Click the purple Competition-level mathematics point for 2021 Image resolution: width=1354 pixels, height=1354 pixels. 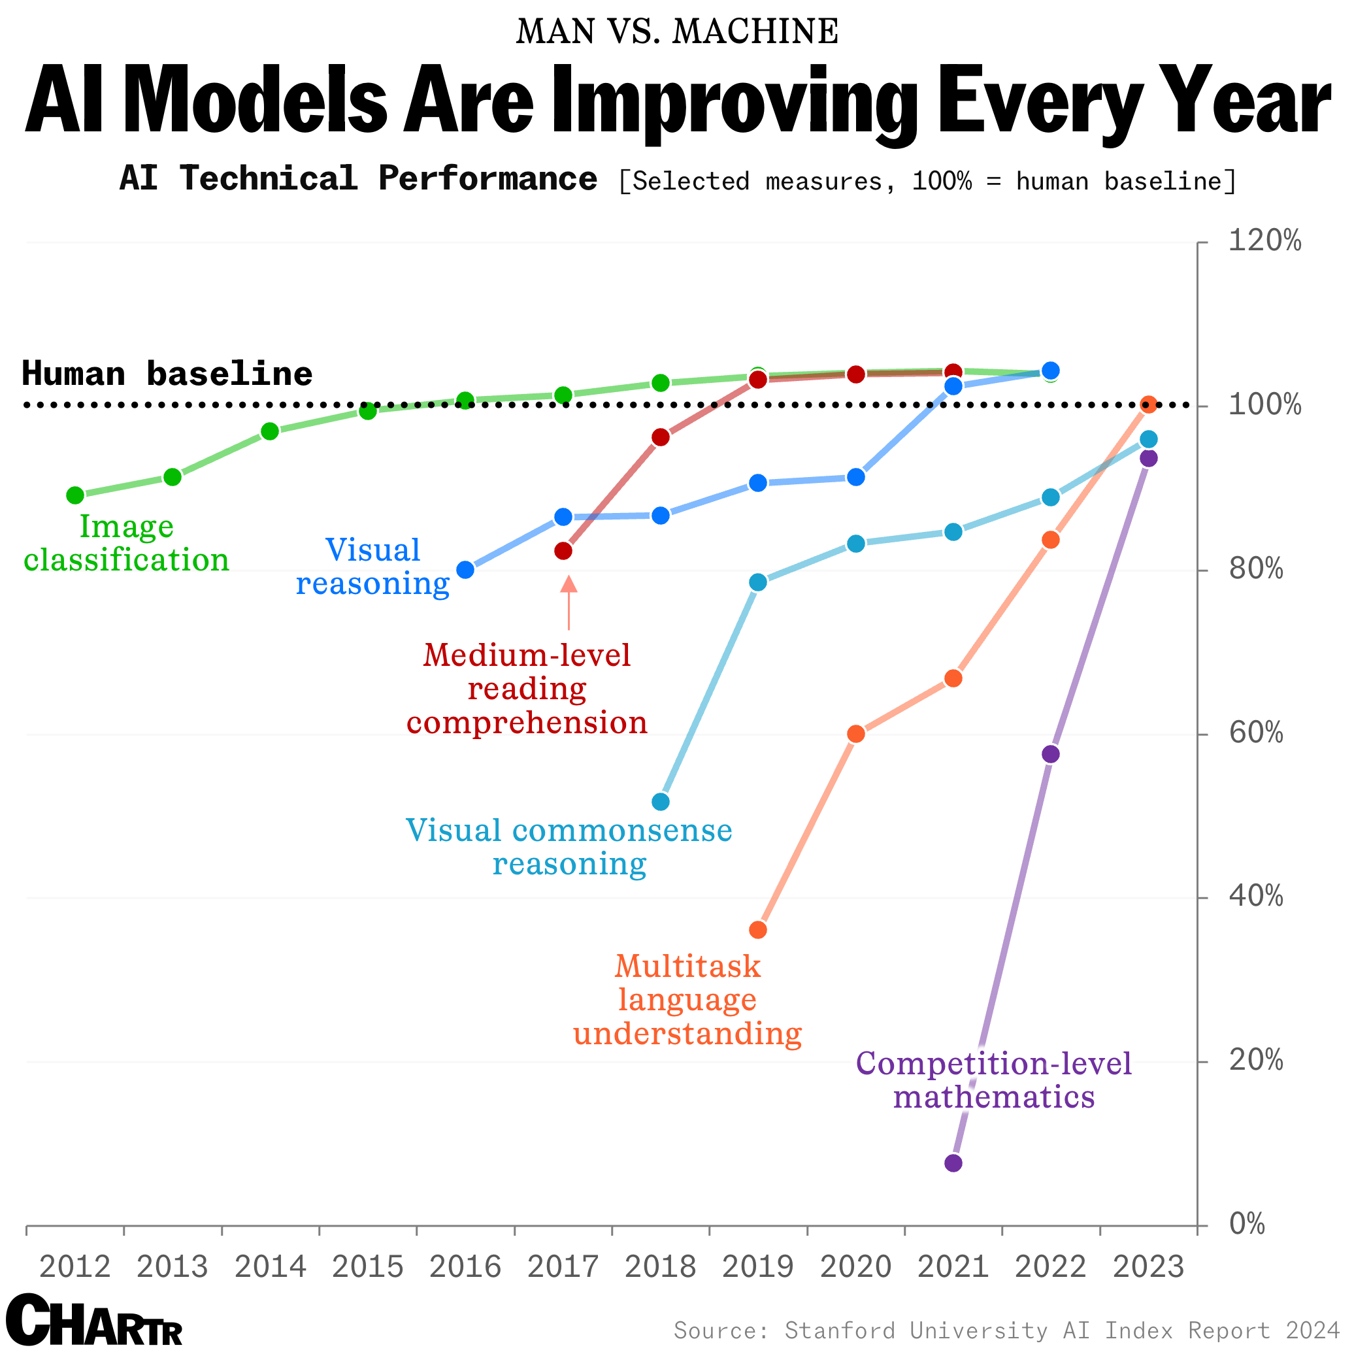click(x=953, y=1163)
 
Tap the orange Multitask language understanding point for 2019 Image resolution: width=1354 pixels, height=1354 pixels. click(x=758, y=930)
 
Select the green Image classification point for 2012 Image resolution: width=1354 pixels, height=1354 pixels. click(x=75, y=495)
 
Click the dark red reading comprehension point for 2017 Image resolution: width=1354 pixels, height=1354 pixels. click(x=563, y=551)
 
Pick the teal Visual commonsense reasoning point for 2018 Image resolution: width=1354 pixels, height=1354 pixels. click(x=661, y=801)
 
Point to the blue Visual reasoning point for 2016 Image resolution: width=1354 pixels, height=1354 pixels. click(x=465, y=570)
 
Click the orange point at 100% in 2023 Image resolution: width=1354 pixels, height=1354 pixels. click(x=1148, y=405)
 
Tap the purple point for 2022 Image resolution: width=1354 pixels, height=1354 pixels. click(x=1051, y=754)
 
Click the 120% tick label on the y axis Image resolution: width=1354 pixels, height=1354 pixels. click(x=1264, y=242)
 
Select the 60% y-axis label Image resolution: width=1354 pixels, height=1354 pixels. click(x=1256, y=734)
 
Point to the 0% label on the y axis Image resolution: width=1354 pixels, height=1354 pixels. click(x=1247, y=1225)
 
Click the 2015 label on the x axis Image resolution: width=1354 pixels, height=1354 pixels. click(x=368, y=1267)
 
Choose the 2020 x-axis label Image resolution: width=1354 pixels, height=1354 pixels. click(x=855, y=1267)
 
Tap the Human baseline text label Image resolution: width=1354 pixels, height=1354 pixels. click(x=167, y=374)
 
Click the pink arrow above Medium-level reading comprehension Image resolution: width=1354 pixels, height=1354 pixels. click(x=569, y=601)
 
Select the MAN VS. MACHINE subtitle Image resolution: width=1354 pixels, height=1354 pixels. click(x=677, y=32)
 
